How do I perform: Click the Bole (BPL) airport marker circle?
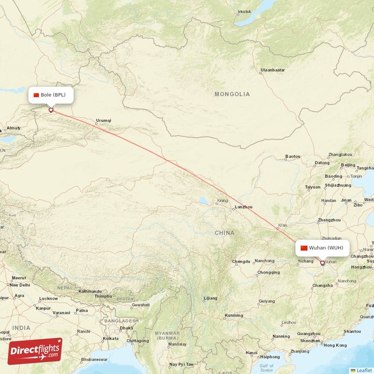[51, 110]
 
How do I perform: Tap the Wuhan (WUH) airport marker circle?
[322, 263]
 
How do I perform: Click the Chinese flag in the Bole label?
[36, 95]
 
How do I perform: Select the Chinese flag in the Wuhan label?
[304, 248]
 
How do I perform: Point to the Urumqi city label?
[103, 121]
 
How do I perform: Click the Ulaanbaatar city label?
[273, 70]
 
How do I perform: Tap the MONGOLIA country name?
[232, 94]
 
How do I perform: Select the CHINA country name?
[224, 232]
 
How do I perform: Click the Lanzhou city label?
[244, 207]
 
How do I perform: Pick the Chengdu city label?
[241, 261]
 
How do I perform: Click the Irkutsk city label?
[244, 12]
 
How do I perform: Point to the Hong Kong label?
[335, 345]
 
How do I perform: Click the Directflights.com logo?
[35, 351]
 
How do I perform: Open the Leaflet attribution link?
[364, 370]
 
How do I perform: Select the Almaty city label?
[14, 128]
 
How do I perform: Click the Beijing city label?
[348, 165]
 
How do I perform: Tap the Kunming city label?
[234, 316]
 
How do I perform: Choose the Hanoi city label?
[252, 352]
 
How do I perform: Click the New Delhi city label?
[20, 285]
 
